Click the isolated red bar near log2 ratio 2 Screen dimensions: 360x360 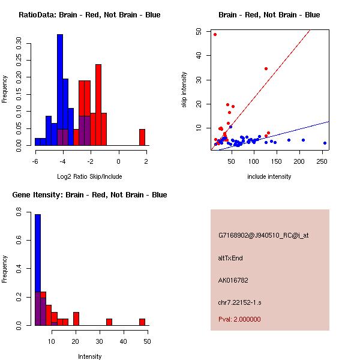coord(142,137)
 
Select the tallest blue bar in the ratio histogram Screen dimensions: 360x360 coord(60,90)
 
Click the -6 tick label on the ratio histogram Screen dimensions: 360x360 coord(35,161)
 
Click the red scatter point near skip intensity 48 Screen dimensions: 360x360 coord(215,34)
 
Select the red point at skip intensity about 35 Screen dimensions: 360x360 coord(266,68)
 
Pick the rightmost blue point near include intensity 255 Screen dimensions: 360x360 coord(325,143)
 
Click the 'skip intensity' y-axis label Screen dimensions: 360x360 coord(185,90)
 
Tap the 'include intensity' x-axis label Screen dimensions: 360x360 coord(269,177)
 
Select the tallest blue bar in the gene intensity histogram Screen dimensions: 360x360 coord(38,270)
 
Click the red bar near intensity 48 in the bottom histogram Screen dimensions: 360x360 coord(142,322)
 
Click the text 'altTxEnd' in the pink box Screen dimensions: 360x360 coord(230,258)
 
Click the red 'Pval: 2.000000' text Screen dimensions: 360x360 coord(239,319)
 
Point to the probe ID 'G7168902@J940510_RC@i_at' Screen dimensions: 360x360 coord(263,236)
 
